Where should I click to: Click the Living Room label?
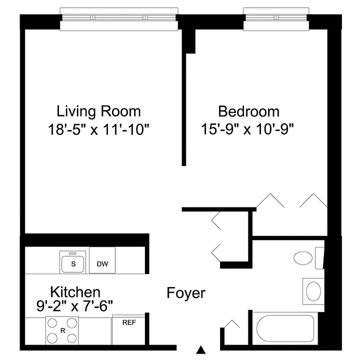click(98, 111)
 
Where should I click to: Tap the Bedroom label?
click(248, 111)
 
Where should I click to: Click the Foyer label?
click(186, 293)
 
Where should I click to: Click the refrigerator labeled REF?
click(129, 323)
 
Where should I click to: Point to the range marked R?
click(62, 330)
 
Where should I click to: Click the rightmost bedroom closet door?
click(313, 201)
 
